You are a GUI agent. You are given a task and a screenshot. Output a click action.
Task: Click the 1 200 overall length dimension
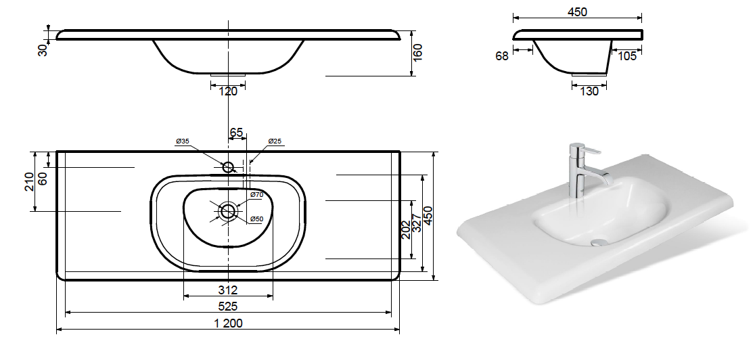tap(227, 323)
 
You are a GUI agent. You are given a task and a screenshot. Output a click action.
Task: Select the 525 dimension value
tap(228, 307)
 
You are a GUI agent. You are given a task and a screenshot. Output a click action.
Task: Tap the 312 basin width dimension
tap(228, 290)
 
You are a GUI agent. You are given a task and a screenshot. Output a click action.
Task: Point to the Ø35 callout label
tap(183, 141)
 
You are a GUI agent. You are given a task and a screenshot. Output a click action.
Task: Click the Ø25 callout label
tap(275, 141)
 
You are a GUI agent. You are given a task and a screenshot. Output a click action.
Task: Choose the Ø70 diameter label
tap(256, 195)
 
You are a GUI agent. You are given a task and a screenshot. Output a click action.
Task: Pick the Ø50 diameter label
tap(256, 219)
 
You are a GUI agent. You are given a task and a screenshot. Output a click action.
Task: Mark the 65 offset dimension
tap(236, 132)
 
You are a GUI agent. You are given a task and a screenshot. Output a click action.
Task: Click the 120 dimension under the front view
tap(228, 91)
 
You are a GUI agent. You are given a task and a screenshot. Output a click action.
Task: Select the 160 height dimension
tap(417, 52)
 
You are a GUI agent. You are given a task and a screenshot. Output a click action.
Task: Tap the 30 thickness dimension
tap(43, 49)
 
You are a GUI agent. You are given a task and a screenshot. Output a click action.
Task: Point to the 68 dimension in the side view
tap(502, 56)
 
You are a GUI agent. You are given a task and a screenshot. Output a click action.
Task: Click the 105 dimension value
tap(627, 56)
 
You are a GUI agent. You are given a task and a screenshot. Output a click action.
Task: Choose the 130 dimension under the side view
tap(589, 91)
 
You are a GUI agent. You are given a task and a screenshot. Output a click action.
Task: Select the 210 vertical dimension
tap(30, 181)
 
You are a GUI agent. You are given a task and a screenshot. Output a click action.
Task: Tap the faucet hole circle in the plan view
tap(228, 167)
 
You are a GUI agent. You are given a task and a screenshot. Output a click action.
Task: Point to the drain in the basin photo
tap(599, 242)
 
